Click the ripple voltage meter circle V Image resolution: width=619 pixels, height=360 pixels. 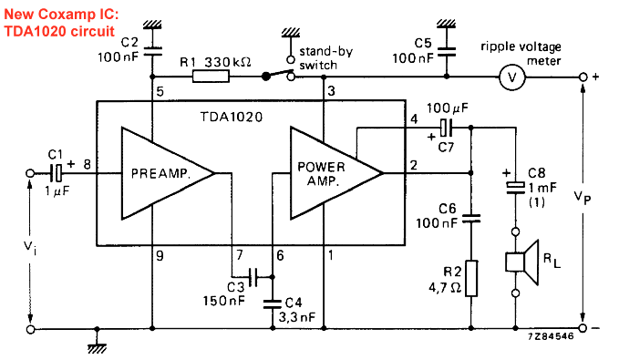[x=513, y=78]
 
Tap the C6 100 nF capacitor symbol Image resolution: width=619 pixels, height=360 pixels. [x=471, y=219]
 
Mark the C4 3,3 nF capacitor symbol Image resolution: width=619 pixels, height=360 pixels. [x=273, y=302]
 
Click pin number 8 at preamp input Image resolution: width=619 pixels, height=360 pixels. [x=87, y=164]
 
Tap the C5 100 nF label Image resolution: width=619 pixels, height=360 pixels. [x=412, y=49]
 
